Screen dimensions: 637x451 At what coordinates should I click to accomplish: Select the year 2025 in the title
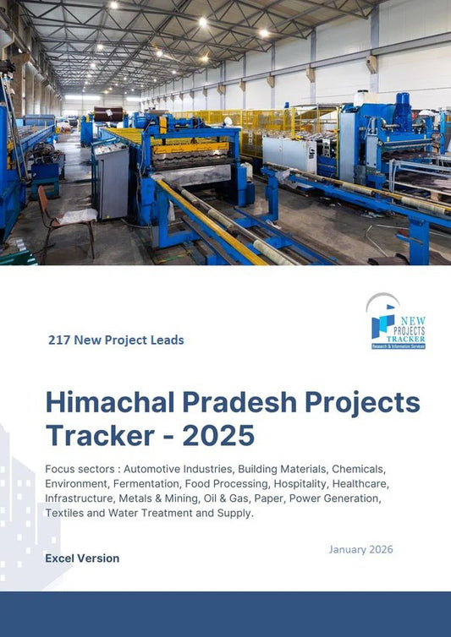click(217, 434)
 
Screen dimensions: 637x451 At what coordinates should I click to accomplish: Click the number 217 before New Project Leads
click(58, 340)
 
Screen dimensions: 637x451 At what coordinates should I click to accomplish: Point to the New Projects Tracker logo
click(397, 321)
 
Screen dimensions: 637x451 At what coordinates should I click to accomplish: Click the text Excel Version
click(82, 558)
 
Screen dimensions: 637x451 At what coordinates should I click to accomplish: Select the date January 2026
click(360, 549)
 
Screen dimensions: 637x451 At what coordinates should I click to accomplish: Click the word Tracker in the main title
click(96, 434)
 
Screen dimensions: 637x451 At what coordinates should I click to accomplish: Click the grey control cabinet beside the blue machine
click(111, 181)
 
